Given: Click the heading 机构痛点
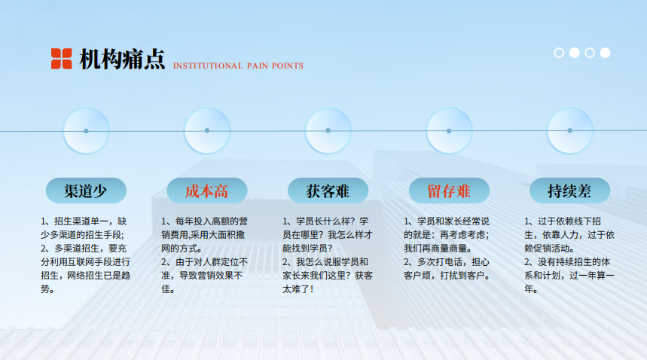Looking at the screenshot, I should (122, 59).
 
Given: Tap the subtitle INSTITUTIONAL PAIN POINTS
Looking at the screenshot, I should (238, 66).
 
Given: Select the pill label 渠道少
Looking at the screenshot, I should (86, 191).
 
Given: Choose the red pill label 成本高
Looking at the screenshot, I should (206, 191).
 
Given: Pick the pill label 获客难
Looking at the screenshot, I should (328, 191).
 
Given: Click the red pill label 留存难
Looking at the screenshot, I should (449, 191).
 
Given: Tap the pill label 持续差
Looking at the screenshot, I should (569, 191).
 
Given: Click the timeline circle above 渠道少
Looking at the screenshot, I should (86, 131).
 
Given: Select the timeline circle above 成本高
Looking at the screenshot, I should (207, 131).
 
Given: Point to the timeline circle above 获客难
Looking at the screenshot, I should (328, 131).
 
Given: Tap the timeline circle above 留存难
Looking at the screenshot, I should (449, 131).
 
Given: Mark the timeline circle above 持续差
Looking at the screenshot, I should (570, 131).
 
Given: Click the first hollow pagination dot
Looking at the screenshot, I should (559, 53).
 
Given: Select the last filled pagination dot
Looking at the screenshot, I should (606, 53).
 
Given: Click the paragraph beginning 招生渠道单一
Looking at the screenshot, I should (84, 228).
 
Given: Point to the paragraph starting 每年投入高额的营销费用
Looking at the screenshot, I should (205, 235).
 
